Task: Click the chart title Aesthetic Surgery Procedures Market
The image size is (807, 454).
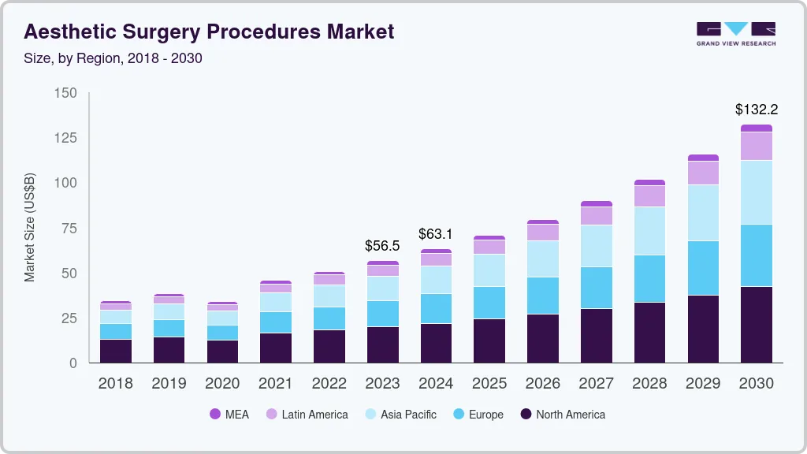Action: click(x=209, y=32)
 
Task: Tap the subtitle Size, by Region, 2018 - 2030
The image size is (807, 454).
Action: click(x=113, y=58)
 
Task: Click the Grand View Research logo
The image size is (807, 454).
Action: click(x=735, y=33)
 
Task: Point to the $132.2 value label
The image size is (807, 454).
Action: click(x=757, y=109)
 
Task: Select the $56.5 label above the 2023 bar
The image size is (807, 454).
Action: click(x=382, y=246)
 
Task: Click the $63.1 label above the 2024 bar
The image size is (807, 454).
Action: click(x=436, y=234)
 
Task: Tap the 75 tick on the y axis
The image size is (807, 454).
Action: click(x=68, y=229)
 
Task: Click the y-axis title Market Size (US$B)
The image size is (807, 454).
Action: click(x=30, y=226)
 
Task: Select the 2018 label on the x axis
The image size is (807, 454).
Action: click(x=115, y=384)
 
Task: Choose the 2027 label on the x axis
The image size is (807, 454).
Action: click(x=597, y=384)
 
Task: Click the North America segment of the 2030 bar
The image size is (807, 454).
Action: click(x=757, y=324)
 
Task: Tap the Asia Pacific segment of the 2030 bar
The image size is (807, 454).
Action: click(x=757, y=192)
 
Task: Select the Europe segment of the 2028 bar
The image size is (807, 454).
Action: click(x=649, y=278)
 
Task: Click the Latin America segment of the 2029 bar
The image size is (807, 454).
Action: click(x=703, y=173)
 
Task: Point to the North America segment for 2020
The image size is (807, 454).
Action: click(x=222, y=352)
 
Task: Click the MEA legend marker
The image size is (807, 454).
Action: click(x=214, y=415)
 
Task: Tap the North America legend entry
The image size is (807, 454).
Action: click(x=562, y=415)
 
